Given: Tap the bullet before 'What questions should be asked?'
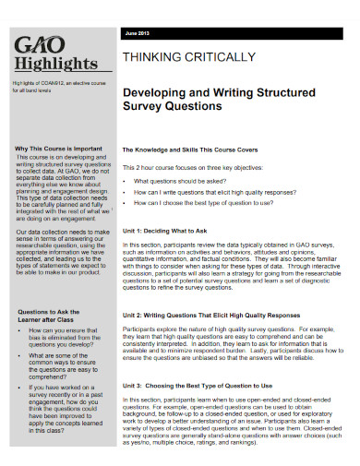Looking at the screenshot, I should click(x=126, y=182).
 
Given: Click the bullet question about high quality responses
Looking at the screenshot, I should click(x=222, y=194).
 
